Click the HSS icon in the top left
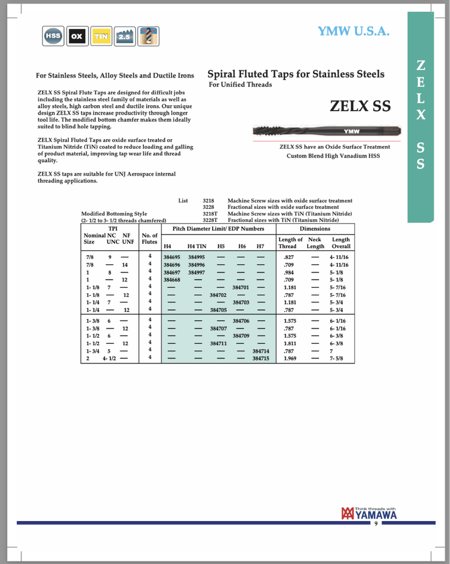pos(53,36)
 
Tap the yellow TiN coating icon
pos(100,36)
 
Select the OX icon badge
pos(77,36)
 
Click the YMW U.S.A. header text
pos(354,31)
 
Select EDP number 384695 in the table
pos(172,257)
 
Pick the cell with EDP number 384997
pos(196,273)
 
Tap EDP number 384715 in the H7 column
pos(260,359)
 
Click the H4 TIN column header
pos(196,246)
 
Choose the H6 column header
pos(242,246)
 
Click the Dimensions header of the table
pos(315,229)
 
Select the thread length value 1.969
pos(289,359)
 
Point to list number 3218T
pos(210,214)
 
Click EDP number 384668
pos(172,280)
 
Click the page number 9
pos(376,523)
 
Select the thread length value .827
pos(287,257)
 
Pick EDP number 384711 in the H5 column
pos(219,343)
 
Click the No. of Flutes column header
pos(149,239)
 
